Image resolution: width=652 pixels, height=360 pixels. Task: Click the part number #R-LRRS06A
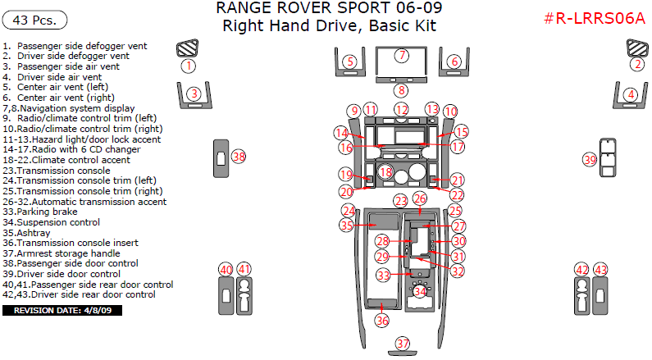[x=594, y=19]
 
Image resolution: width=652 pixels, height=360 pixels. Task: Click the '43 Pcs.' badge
[x=35, y=19]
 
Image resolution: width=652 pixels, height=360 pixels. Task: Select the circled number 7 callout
[x=401, y=56]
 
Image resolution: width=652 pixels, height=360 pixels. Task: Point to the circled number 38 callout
[x=239, y=156]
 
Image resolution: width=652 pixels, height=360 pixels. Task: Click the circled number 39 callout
[x=589, y=160]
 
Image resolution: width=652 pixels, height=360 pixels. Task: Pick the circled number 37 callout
[x=403, y=344]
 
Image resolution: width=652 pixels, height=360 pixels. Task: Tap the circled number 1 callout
[x=189, y=65]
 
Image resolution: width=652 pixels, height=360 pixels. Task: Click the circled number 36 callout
[x=382, y=321]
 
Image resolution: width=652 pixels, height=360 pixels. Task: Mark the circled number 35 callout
[x=347, y=225]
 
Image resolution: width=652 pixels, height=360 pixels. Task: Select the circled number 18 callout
[x=385, y=172]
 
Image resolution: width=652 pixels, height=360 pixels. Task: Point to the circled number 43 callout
[x=601, y=270]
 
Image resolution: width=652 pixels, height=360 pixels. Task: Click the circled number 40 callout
[x=226, y=270]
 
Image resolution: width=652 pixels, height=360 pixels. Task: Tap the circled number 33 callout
[x=383, y=276]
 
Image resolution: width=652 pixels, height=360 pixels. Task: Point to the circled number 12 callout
[x=401, y=110]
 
